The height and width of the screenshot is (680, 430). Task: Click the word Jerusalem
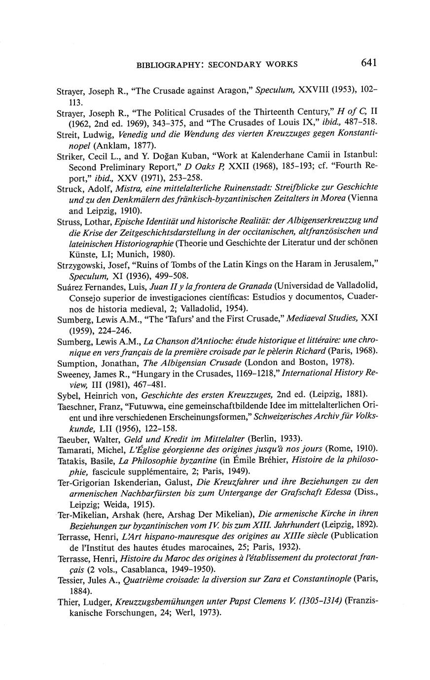[x=354, y=265]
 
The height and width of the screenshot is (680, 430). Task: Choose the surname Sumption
[x=72, y=362]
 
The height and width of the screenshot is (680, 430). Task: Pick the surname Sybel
[x=67, y=395]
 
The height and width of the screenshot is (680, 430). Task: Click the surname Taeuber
[x=71, y=438]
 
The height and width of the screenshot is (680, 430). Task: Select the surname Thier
[x=66, y=602]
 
